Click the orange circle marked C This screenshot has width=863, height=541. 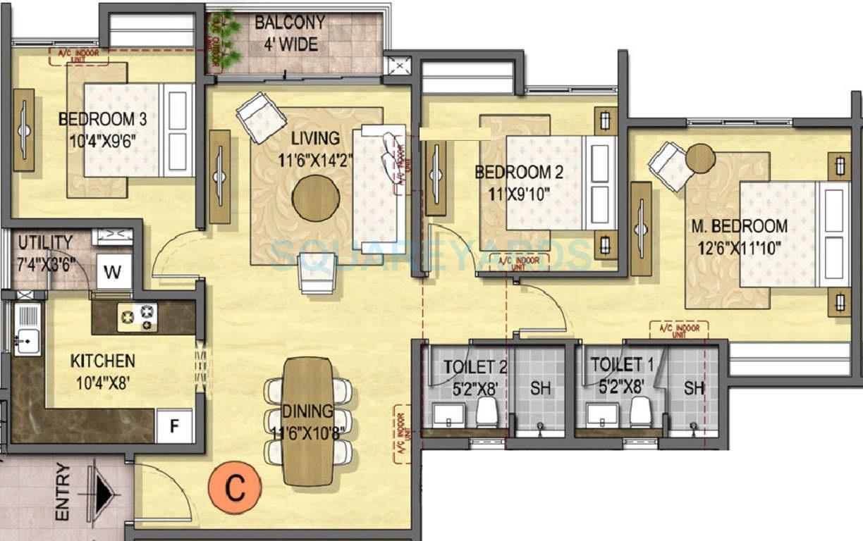235,486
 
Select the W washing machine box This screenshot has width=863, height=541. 114,271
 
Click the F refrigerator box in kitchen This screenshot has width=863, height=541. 173,425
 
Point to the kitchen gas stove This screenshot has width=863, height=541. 137,317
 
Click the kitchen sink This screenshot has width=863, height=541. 27,330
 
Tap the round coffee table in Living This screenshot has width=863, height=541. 315,199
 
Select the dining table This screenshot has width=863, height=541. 307,421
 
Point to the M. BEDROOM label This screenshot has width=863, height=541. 739,227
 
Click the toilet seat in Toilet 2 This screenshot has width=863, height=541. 487,411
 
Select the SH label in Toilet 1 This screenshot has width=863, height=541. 694,388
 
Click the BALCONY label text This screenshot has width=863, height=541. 290,23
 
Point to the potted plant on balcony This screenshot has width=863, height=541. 224,40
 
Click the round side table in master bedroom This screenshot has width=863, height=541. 700,158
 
